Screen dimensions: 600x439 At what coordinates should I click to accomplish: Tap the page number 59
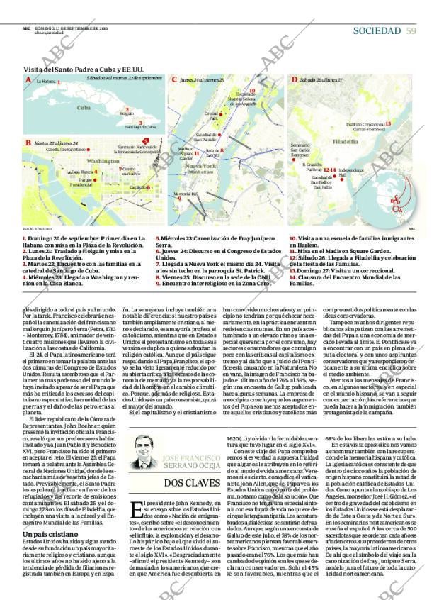tap(411, 30)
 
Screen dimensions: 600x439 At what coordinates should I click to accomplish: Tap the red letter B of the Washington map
tap(28, 143)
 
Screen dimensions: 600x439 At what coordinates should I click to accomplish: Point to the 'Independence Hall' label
tap(350, 172)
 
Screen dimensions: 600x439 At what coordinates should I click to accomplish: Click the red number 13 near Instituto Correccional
tap(388, 123)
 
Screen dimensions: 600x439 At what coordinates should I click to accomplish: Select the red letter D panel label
tap(294, 79)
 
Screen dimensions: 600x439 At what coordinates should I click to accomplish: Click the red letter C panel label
tap(173, 79)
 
